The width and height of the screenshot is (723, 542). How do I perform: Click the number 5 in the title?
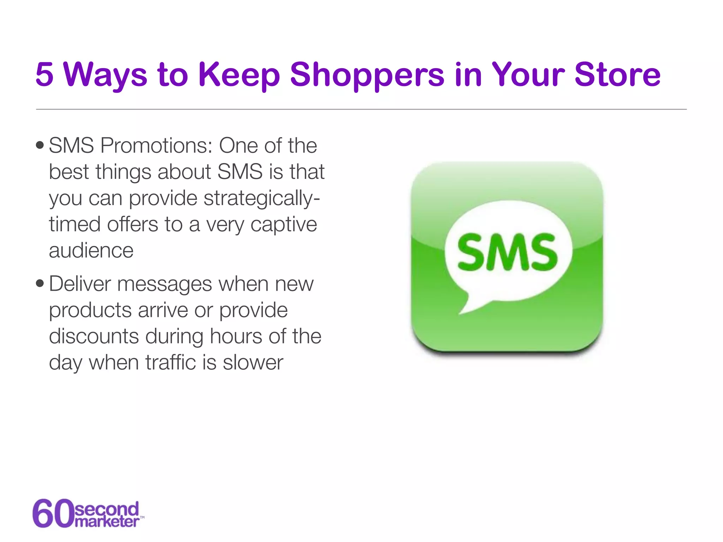pyautogui.click(x=44, y=75)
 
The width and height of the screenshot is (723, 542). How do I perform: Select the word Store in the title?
pyautogui.click(x=617, y=75)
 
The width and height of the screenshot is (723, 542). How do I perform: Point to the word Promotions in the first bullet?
pyautogui.click(x=156, y=145)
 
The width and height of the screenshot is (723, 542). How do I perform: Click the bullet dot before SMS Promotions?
pyautogui.click(x=40, y=145)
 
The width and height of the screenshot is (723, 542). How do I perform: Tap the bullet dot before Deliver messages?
pyautogui.click(x=40, y=283)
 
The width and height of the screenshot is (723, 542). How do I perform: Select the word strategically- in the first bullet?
pyautogui.click(x=262, y=199)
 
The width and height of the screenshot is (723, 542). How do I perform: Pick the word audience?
pyautogui.click(x=91, y=251)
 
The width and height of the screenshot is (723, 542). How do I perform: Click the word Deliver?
pyautogui.click(x=80, y=284)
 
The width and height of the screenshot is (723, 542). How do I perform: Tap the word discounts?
pyautogui.click(x=94, y=336)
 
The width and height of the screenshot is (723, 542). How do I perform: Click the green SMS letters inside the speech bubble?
pyautogui.click(x=507, y=253)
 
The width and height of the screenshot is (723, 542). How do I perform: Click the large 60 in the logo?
pyautogui.click(x=53, y=513)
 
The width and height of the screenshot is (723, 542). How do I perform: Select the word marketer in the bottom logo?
pyautogui.click(x=107, y=522)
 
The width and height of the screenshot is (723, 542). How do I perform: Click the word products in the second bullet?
pyautogui.click(x=90, y=311)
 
